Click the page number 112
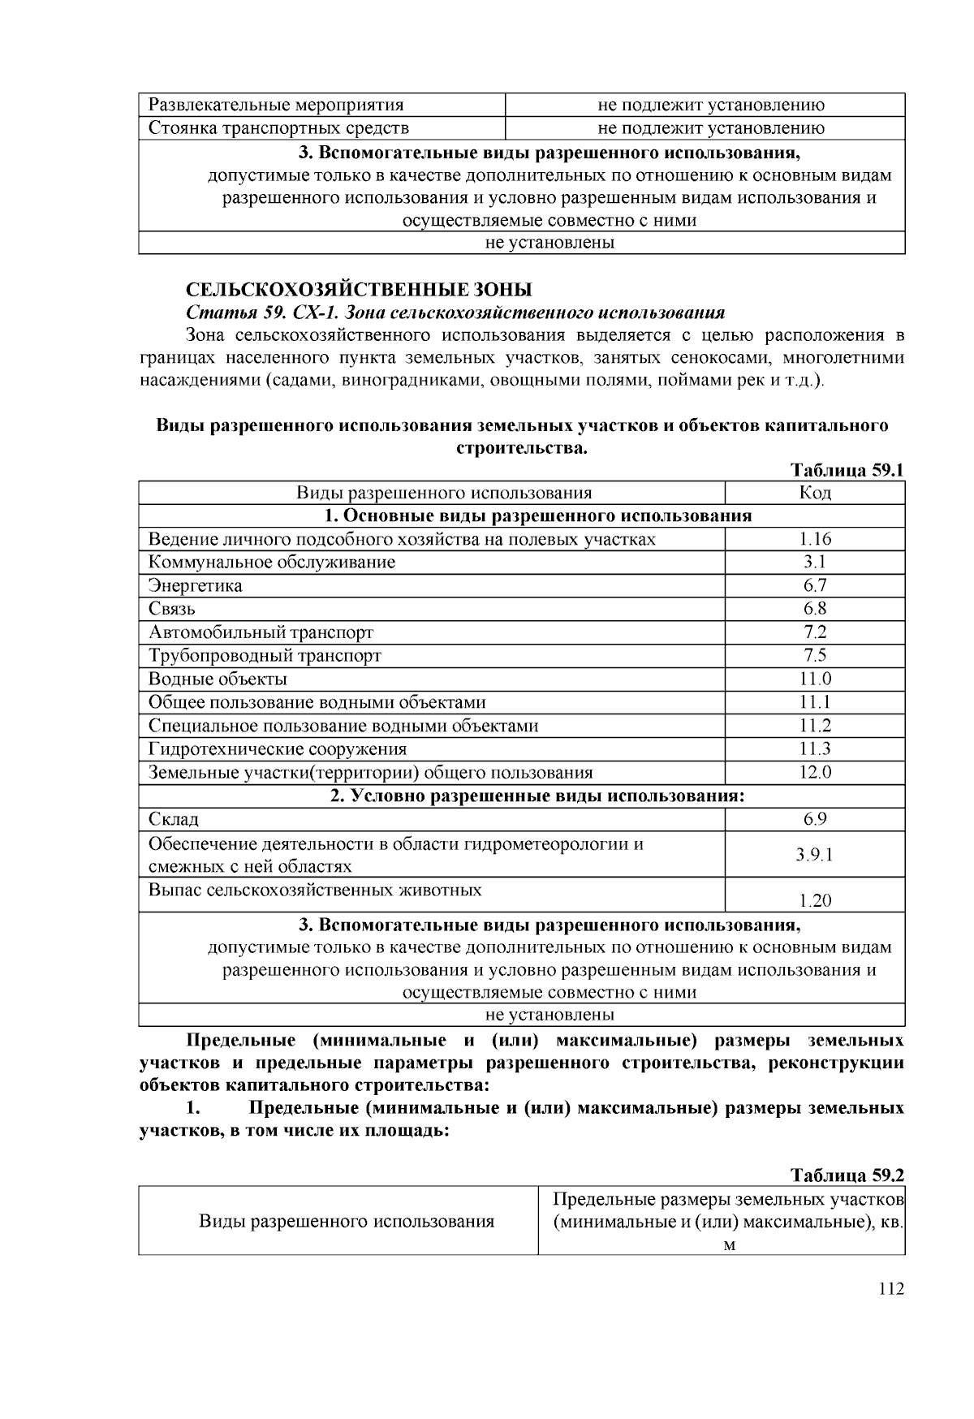pos(890,1289)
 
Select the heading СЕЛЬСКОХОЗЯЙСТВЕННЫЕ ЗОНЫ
pos(359,290)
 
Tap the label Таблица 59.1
pos(847,470)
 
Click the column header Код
pos(815,493)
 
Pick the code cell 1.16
pos(815,539)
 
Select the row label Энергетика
pos(195,586)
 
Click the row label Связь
pos(171,609)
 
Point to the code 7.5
pos(815,655)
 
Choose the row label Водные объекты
pos(218,679)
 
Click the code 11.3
pos(815,748)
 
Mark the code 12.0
pos(815,772)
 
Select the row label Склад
pos(173,819)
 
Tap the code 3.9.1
pos(815,855)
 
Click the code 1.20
pos(815,900)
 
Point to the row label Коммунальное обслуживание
pos(272,563)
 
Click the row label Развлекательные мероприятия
pos(276,105)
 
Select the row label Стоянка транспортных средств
pos(278,128)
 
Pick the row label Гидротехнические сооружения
pos(278,748)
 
